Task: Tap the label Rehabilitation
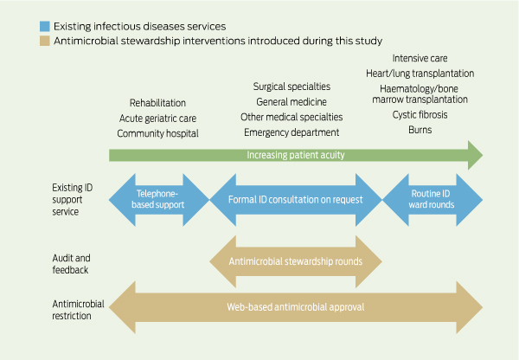(157, 103)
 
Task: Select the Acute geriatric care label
(157, 118)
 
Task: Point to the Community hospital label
(157, 133)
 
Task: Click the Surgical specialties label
(292, 87)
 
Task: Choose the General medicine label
(292, 101)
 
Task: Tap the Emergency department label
(292, 132)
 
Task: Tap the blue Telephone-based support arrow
(160, 200)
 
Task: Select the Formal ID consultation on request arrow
(295, 200)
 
